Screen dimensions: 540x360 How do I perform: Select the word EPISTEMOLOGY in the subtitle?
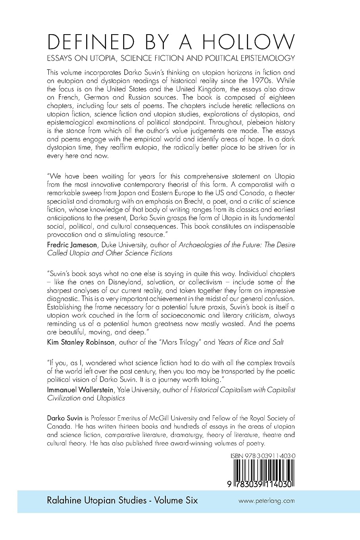[x=267, y=58]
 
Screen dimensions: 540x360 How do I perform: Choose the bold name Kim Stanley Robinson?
[x=81, y=342]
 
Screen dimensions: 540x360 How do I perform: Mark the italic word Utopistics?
[x=111, y=398]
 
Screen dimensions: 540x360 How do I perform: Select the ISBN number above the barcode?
[x=263, y=457]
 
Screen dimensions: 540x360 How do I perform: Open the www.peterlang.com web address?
[x=266, y=501]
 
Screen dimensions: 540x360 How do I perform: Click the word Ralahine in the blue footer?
[x=65, y=500]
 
